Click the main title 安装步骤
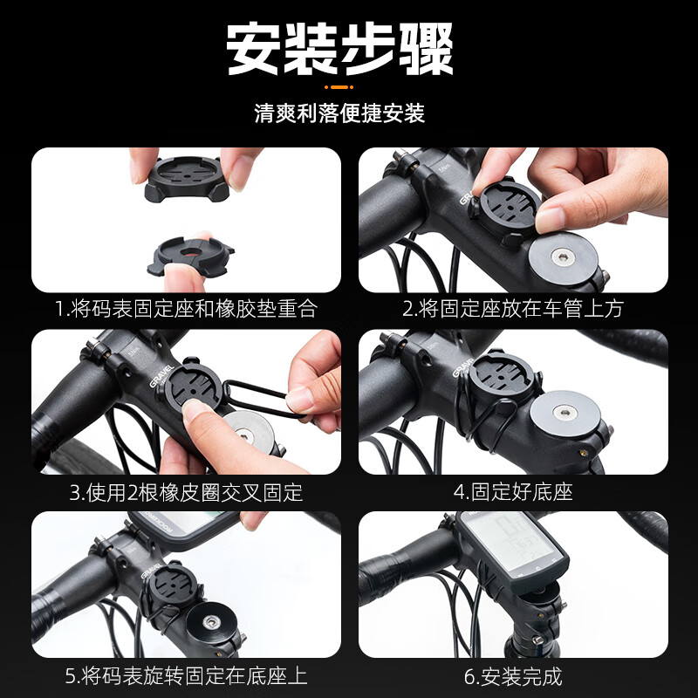340,49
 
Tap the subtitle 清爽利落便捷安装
339,114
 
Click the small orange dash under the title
339,87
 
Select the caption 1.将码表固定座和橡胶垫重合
186,309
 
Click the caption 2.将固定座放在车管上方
513,309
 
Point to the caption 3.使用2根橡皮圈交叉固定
186,492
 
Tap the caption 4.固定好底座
513,492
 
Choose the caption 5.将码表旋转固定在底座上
186,676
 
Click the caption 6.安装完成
513,676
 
